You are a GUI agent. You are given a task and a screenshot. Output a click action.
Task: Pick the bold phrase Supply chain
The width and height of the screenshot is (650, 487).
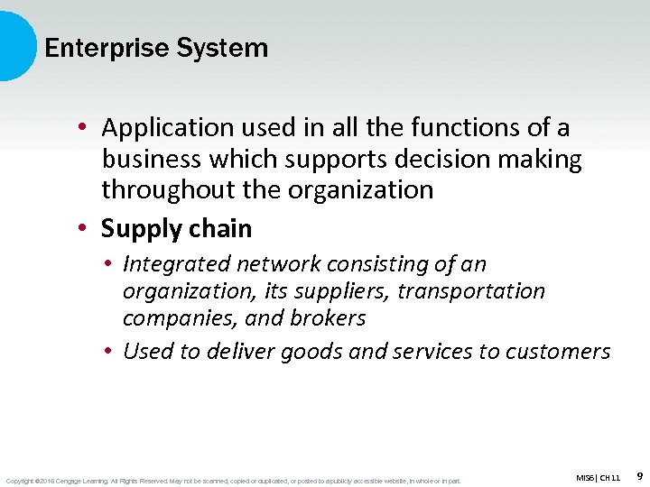click(177, 229)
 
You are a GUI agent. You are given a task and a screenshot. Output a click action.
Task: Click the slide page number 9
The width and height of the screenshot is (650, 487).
click(639, 474)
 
